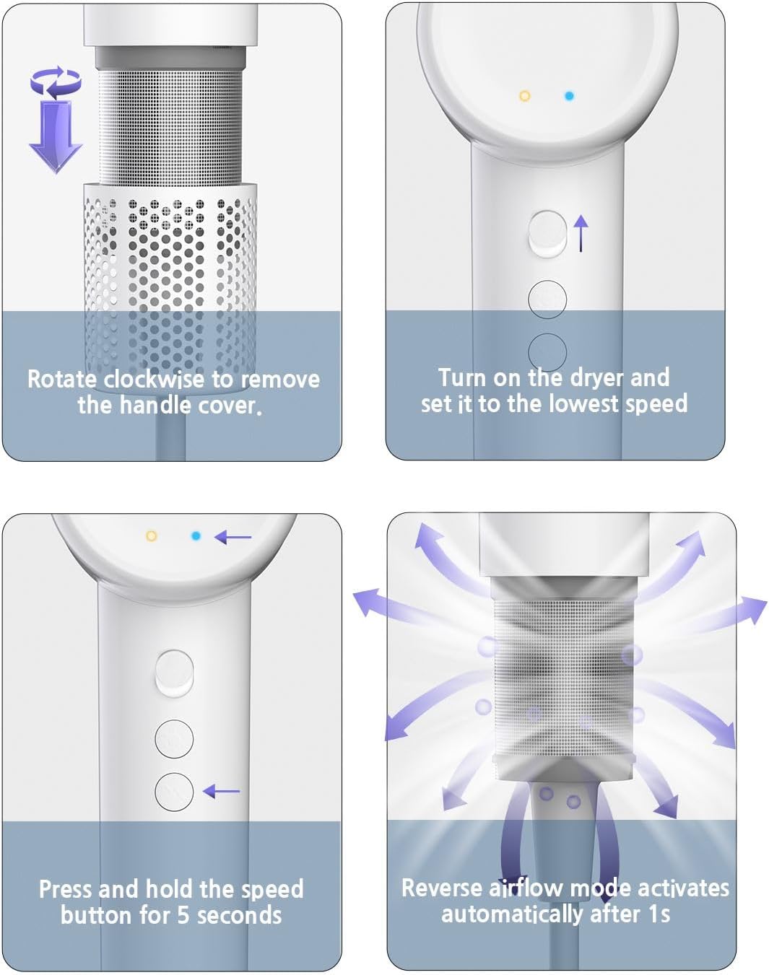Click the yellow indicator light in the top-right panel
pyautogui.click(x=525, y=96)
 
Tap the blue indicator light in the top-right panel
pyautogui.click(x=570, y=96)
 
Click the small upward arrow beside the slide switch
pyautogui.click(x=581, y=233)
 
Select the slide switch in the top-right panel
pyautogui.click(x=548, y=234)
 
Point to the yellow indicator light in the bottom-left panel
pyautogui.click(x=152, y=536)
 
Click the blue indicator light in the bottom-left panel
pyautogui.click(x=196, y=536)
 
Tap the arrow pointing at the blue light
pyautogui.click(x=233, y=538)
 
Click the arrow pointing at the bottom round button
pyautogui.click(x=221, y=792)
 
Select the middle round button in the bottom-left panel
pyautogui.click(x=174, y=739)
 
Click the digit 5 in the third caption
pyautogui.click(x=183, y=916)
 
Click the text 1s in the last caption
pyautogui.click(x=660, y=914)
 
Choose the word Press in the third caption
pyautogui.click(x=66, y=889)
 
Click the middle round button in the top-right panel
pyautogui.click(x=547, y=300)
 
